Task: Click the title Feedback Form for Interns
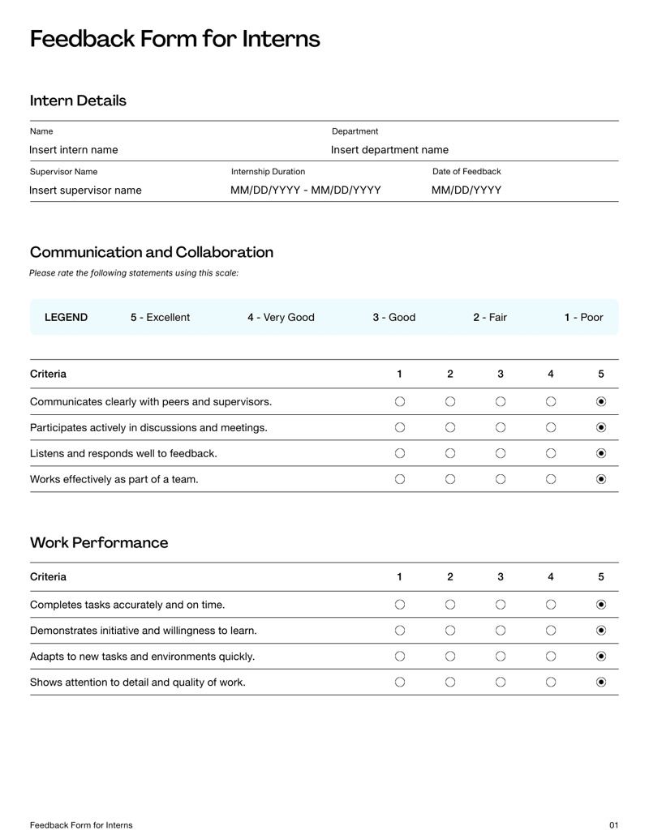click(x=174, y=39)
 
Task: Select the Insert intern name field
click(x=74, y=150)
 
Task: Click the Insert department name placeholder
click(x=389, y=150)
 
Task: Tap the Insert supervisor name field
click(x=85, y=190)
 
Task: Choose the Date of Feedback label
click(x=466, y=172)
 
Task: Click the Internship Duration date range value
click(x=306, y=190)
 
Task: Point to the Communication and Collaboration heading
click(x=152, y=252)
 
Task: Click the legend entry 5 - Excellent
click(x=161, y=317)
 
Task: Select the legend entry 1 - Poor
click(x=584, y=317)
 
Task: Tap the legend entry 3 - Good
click(x=394, y=317)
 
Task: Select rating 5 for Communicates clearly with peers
click(x=601, y=401)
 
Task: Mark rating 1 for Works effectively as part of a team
click(x=400, y=479)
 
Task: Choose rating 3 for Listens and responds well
click(x=501, y=453)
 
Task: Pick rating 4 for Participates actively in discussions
click(x=551, y=427)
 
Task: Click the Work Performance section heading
click(x=99, y=543)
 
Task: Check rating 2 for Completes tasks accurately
click(x=450, y=604)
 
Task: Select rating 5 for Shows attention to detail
click(x=601, y=682)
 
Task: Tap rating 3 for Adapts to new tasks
click(x=501, y=656)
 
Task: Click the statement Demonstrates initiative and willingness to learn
click(x=144, y=630)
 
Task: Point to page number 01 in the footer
click(x=613, y=825)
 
